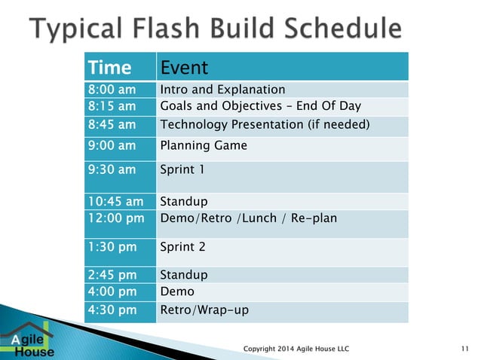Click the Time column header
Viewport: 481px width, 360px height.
coord(110,67)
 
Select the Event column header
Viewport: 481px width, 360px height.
coord(184,67)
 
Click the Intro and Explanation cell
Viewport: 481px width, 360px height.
coord(222,90)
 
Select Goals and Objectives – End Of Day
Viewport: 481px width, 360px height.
coord(260,106)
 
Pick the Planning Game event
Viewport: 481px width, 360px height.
coord(204,145)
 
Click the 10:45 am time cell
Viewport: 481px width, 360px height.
coord(114,202)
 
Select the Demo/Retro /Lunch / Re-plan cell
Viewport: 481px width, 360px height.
coord(249,218)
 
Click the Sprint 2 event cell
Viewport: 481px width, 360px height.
coord(182,246)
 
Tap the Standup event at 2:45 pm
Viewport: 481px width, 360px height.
coord(184,275)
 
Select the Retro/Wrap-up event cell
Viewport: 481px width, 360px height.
coord(204,310)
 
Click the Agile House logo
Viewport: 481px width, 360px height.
coord(28,340)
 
